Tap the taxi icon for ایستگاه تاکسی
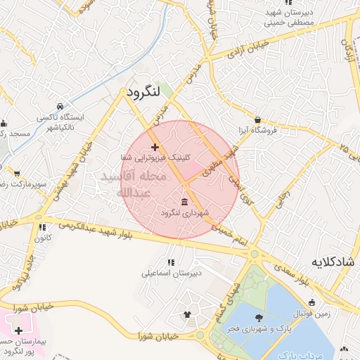60,107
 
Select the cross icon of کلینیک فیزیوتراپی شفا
155,147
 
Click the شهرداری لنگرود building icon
184,202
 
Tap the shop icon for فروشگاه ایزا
258,120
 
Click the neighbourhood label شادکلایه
335,262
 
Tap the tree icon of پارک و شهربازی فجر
259,318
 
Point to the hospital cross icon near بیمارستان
18,330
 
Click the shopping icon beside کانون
43,227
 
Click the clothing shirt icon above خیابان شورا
187,314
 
